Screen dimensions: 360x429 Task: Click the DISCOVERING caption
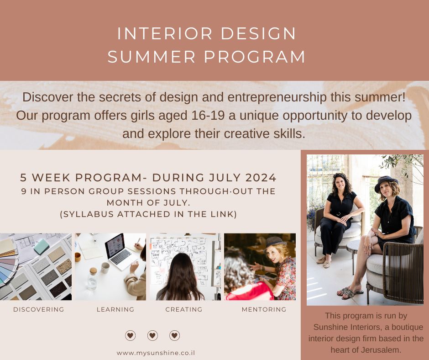point(39,310)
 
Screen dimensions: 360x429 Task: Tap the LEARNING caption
point(115,310)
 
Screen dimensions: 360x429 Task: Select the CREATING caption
point(184,310)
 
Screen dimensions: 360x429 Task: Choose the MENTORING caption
point(264,310)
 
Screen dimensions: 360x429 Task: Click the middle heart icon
point(152,336)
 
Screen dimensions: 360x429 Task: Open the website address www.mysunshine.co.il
point(156,353)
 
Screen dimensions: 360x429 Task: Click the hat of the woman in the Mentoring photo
point(275,241)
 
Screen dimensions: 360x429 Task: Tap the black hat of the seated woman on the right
point(386,182)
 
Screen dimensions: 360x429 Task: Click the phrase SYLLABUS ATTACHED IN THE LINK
point(149,214)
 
